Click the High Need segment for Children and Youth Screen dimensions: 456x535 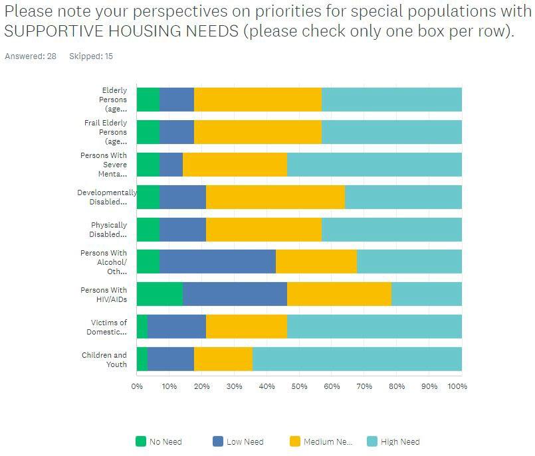point(357,359)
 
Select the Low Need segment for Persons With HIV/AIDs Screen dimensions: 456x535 point(235,294)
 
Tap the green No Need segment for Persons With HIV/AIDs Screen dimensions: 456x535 point(160,294)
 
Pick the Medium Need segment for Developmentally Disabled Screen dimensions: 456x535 point(275,197)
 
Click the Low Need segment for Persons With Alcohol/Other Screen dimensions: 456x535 point(217,262)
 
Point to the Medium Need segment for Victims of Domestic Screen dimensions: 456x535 point(246,327)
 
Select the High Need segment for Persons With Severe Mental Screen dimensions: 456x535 point(374,165)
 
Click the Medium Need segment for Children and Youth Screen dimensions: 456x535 point(223,359)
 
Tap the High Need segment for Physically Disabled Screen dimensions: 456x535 point(391,230)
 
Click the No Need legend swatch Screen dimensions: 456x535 point(141,441)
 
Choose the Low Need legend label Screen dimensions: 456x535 point(245,442)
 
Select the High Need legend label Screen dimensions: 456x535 point(400,442)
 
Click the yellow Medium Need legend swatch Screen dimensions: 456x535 point(295,441)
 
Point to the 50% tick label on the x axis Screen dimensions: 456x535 point(299,386)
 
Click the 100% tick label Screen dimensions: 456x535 point(458,386)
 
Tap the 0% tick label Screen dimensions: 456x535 point(137,386)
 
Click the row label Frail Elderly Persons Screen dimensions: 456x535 point(106,132)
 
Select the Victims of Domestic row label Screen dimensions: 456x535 point(109,327)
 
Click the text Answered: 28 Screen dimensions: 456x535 point(31,56)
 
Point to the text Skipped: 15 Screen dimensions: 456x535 point(91,56)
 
